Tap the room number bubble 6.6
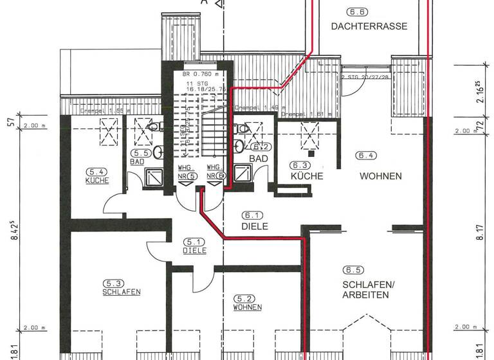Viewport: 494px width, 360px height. tap(356, 12)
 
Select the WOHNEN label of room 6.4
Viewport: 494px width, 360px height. tap(381, 176)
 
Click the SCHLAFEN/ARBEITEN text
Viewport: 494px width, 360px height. tap(365, 290)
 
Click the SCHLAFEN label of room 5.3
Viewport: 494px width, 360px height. tap(122, 291)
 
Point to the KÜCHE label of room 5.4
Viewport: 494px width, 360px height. tap(97, 181)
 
